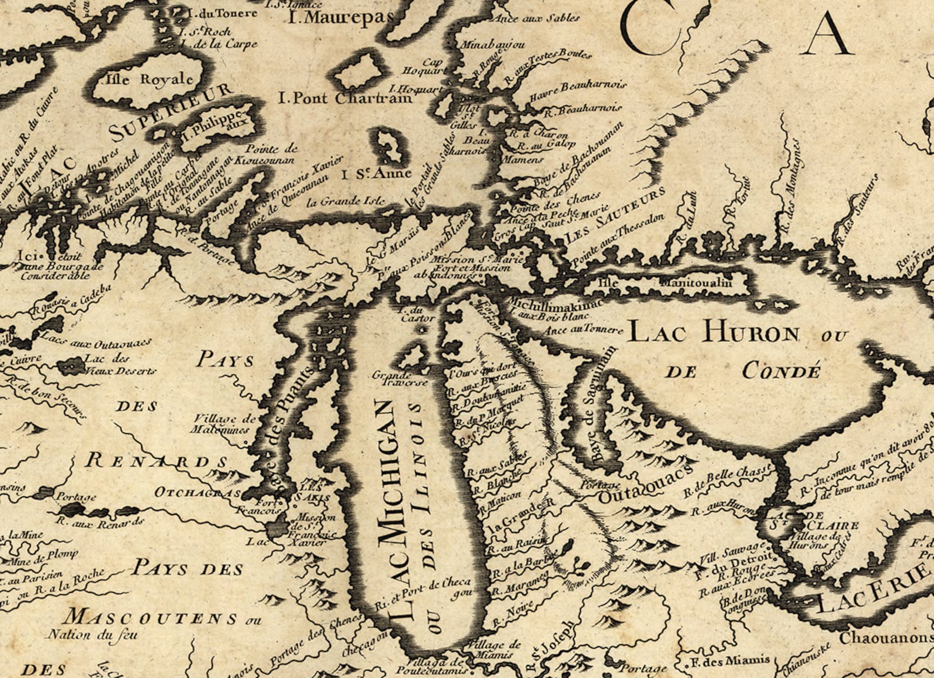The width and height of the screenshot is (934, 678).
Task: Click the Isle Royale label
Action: coord(149,79)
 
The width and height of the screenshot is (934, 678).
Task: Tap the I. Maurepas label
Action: coord(341,17)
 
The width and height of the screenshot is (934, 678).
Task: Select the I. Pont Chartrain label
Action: coord(345,98)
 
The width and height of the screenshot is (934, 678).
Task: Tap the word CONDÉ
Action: coord(780,372)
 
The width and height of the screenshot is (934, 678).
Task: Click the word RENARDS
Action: coord(156,460)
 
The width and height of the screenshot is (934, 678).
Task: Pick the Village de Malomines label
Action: coord(223,424)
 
